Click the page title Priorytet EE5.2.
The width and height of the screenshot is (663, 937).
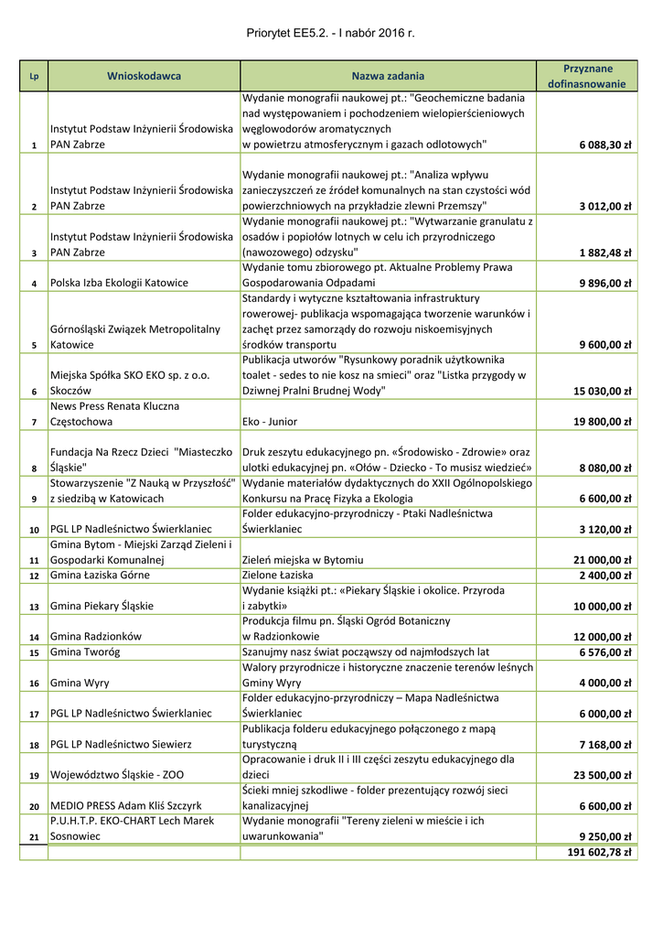[330, 33]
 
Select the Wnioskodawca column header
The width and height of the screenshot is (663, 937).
[144, 76]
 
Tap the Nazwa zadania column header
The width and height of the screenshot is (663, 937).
[388, 76]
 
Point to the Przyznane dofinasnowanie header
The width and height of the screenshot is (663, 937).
[586, 76]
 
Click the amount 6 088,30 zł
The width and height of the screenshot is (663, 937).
[604, 145]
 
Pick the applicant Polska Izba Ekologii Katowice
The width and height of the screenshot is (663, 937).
[120, 284]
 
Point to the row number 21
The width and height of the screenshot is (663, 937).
[34, 837]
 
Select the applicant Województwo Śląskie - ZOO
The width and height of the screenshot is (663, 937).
[117, 775]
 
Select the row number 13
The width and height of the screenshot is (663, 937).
[34, 607]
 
